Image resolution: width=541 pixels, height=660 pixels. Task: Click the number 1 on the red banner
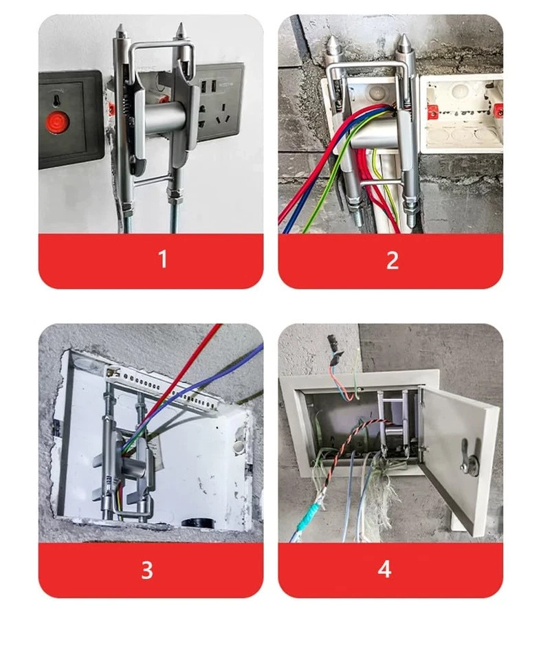coord(162,260)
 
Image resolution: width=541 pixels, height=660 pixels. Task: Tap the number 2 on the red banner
coord(392,260)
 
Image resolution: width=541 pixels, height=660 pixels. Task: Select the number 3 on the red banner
coord(146,570)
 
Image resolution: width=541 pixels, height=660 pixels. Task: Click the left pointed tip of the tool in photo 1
coord(120,32)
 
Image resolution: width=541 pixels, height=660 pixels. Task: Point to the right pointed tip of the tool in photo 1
coord(181,30)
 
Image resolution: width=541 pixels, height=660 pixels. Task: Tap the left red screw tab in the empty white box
coord(432,111)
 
